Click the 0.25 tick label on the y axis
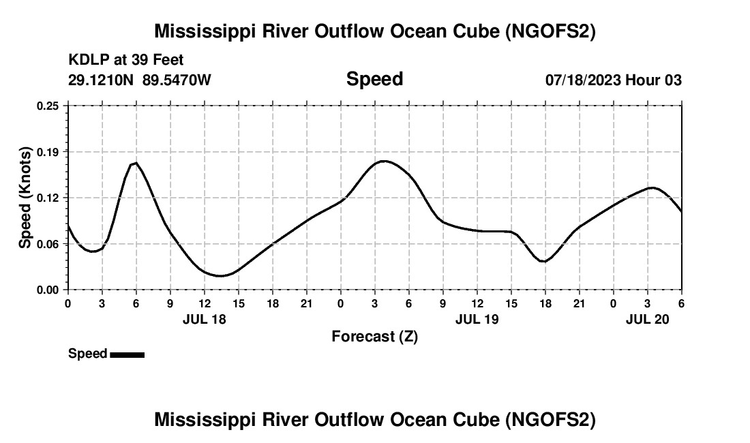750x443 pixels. click(x=48, y=106)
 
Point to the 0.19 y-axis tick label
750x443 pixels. click(x=48, y=151)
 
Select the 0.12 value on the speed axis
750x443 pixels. click(x=48, y=198)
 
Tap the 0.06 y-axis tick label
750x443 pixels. click(x=48, y=243)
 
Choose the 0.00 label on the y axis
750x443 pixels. click(x=48, y=290)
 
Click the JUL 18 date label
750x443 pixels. click(x=205, y=319)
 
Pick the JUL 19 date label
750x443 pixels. click(x=477, y=319)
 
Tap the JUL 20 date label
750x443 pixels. click(x=648, y=319)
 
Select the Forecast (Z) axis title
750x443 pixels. click(x=374, y=336)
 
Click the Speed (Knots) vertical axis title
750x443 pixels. click(x=25, y=198)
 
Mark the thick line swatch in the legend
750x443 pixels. click(x=127, y=354)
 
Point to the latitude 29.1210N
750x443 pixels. click(x=102, y=80)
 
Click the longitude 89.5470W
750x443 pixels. click(x=177, y=80)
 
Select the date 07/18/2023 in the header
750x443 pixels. click(x=583, y=80)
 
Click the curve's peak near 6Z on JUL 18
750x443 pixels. click(x=136, y=163)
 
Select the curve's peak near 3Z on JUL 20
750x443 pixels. click(x=652, y=187)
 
